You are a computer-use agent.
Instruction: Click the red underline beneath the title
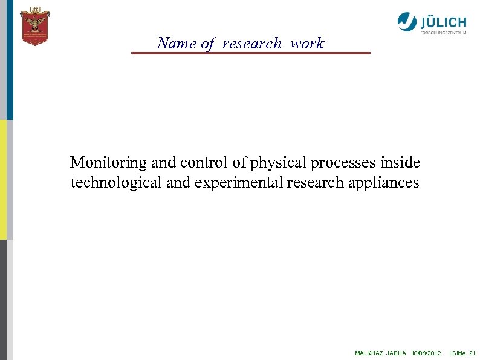coord(250,53)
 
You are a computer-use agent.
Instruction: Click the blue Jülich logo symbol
coord(407,22)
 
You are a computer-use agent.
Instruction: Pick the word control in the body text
coord(200,163)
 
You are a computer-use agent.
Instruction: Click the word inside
coord(403,163)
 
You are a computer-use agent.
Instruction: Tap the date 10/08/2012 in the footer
coord(426,353)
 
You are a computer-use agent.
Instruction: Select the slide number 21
coord(473,353)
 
